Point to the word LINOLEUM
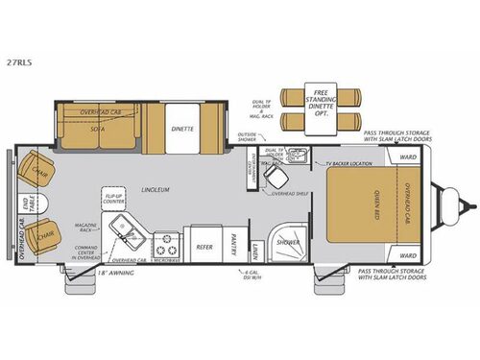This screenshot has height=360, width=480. pyautogui.click(x=154, y=189)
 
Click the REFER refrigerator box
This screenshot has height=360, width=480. pyautogui.click(x=204, y=246)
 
